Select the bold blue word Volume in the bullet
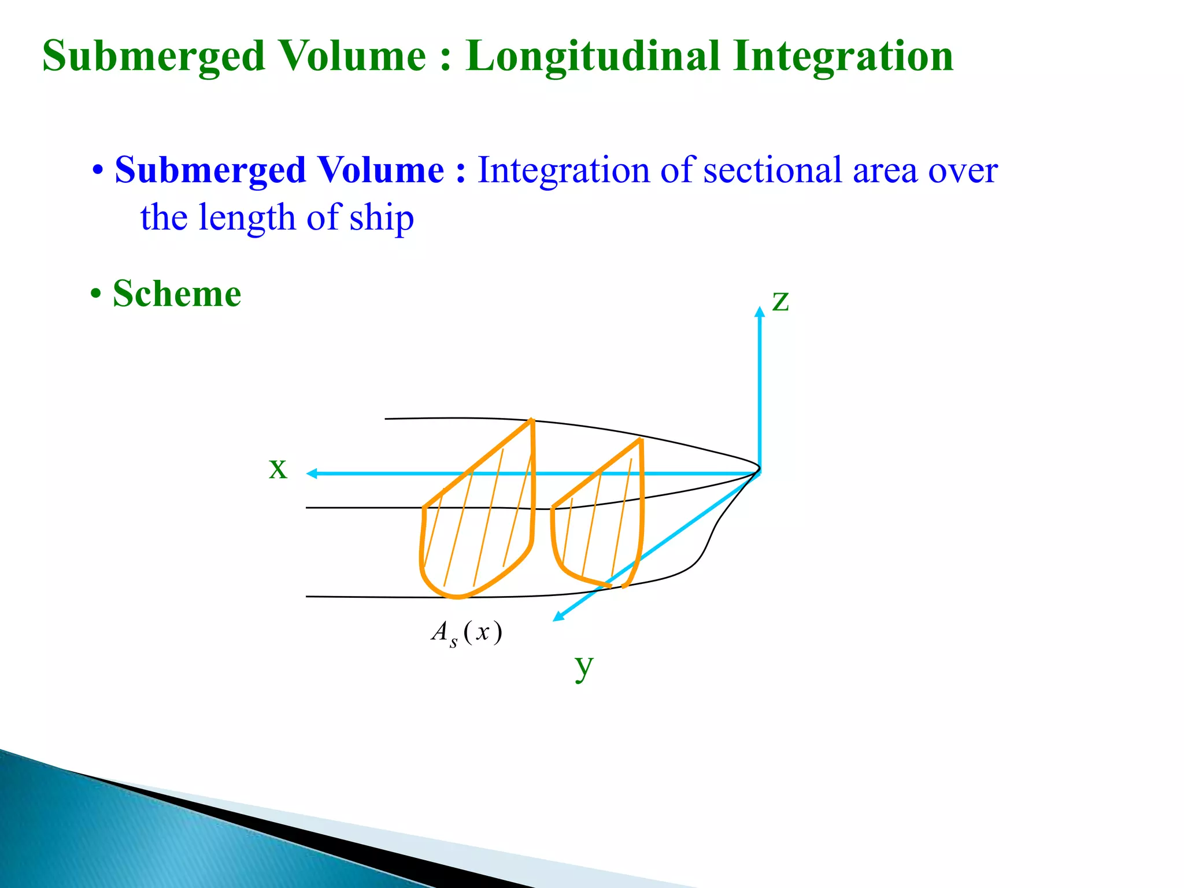click(x=381, y=171)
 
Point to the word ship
click(x=382, y=219)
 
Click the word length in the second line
click(x=247, y=219)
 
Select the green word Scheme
click(x=176, y=294)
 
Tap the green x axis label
click(x=277, y=468)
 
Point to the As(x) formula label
click(x=467, y=632)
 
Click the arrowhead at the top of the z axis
click(x=760, y=311)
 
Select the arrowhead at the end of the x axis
click(x=312, y=473)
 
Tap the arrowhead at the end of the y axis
click(x=558, y=617)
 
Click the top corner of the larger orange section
click(x=532, y=420)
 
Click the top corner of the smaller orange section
click(x=641, y=441)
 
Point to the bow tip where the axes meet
click(x=759, y=471)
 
